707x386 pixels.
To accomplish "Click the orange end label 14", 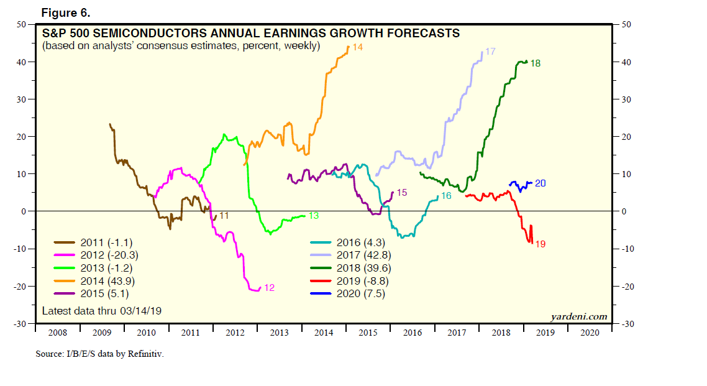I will (x=357, y=47).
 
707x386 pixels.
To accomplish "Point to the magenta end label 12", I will (x=269, y=288).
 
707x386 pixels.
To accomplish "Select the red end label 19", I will (x=540, y=244).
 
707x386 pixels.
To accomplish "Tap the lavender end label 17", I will (x=490, y=52).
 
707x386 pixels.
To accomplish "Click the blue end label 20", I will (x=540, y=183).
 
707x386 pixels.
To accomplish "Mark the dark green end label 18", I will (x=535, y=63).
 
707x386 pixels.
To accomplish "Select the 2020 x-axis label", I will (x=589, y=333).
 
